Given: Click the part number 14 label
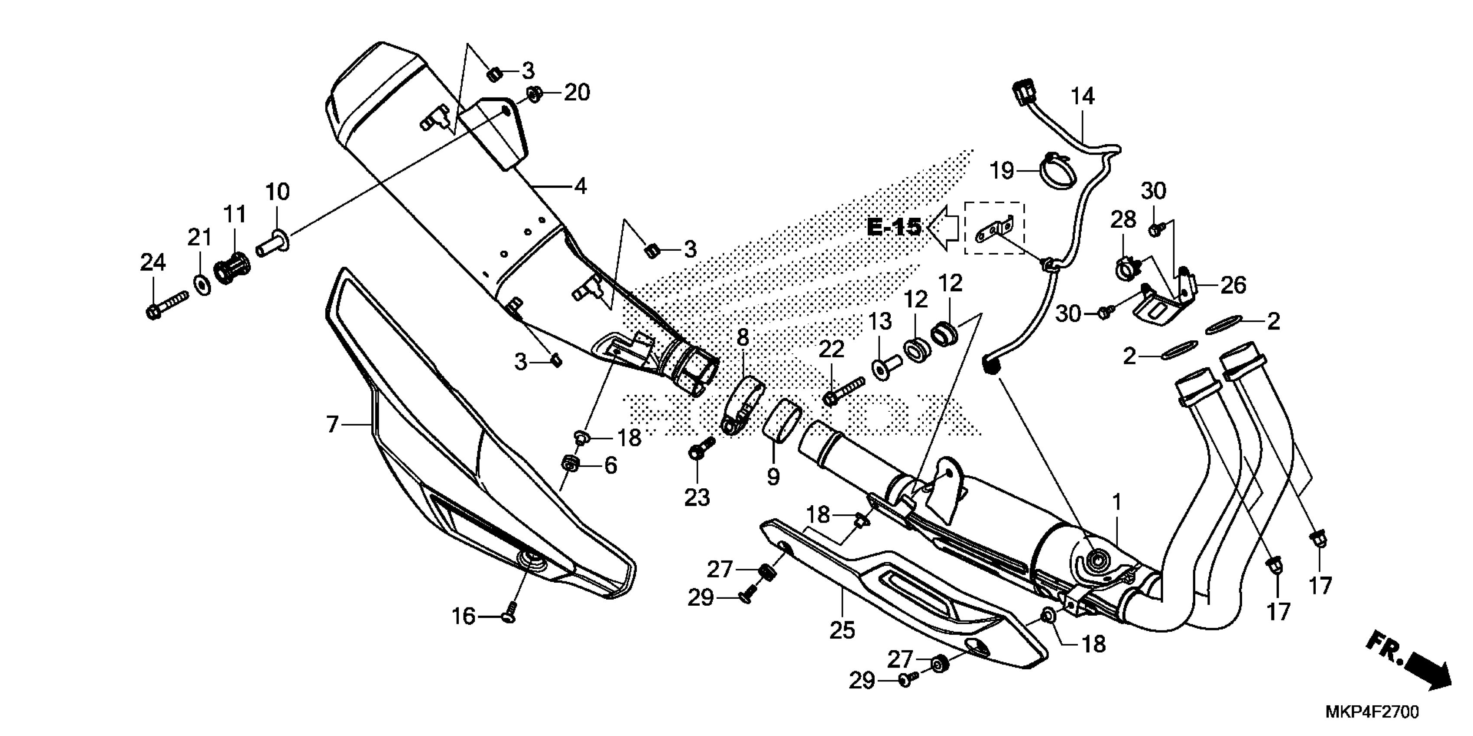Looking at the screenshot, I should [x=1083, y=97].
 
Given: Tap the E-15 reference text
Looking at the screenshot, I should [x=894, y=227].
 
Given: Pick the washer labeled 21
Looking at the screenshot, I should [x=201, y=284].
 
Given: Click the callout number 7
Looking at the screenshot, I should [x=333, y=425].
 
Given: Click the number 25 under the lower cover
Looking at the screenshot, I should [x=842, y=630].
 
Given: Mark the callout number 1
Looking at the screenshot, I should [x=1116, y=503].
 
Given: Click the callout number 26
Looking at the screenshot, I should [x=1233, y=284].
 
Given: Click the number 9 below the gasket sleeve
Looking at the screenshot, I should [x=773, y=475].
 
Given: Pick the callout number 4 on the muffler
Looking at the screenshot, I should [x=581, y=186].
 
